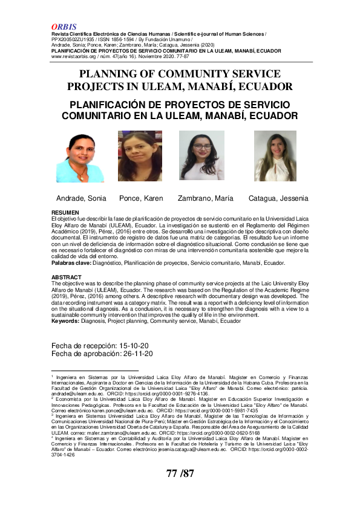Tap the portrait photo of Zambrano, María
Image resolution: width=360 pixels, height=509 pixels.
click(x=202, y=156)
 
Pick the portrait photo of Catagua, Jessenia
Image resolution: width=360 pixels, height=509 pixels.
click(x=275, y=156)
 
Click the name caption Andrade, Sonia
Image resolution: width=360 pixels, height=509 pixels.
click(x=81, y=198)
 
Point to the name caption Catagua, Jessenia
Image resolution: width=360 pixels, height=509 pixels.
click(x=278, y=198)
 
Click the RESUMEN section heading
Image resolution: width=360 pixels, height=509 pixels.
click(x=65, y=213)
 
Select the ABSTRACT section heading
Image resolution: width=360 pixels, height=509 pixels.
click(x=67, y=277)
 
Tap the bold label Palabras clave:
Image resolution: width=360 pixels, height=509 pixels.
click(x=71, y=264)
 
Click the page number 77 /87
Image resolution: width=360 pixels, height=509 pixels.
click(x=180, y=473)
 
